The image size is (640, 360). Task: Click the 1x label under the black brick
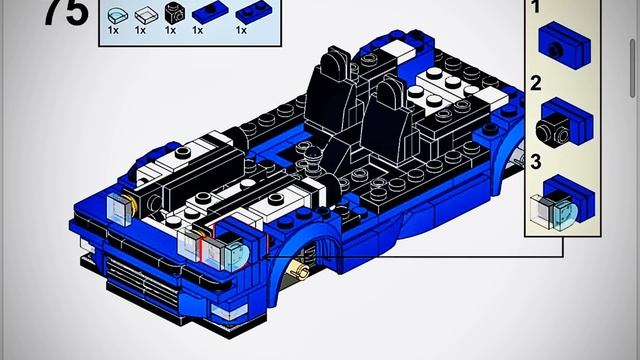tap(170, 31)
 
